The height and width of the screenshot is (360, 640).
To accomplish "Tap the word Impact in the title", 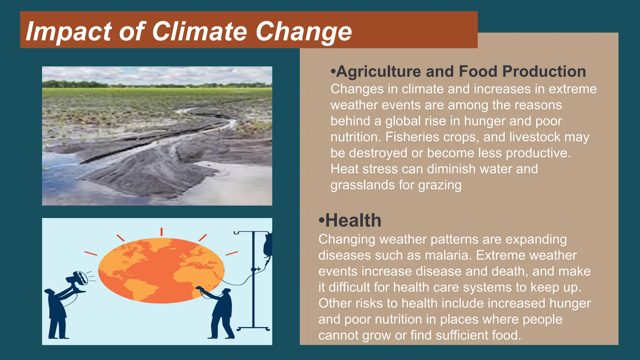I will pos(68,31).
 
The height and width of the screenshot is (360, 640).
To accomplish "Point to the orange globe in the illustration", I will pos(161,271).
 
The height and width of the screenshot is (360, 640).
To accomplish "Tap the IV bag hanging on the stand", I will pos(268,245).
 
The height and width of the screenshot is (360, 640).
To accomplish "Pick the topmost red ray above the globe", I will pos(162,232).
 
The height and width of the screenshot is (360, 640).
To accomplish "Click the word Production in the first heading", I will pos(544,71).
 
